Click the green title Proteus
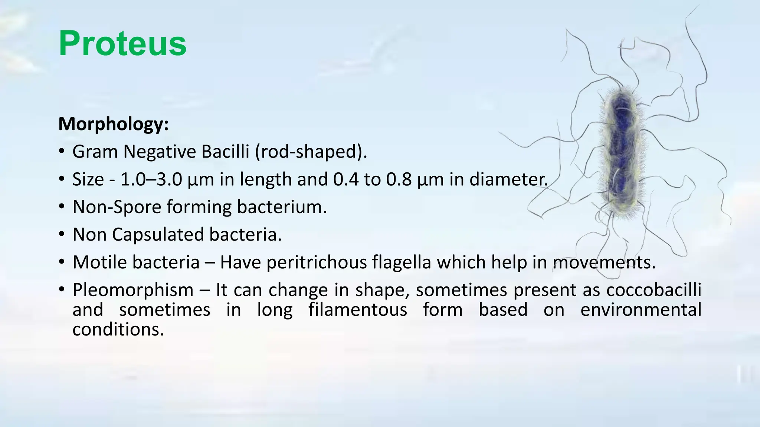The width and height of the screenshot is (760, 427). coord(122,44)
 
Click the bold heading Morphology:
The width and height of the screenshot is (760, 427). coord(114,124)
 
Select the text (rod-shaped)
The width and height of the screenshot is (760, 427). coord(311,152)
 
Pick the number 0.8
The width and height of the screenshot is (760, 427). coord(399,179)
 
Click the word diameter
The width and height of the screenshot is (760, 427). coord(508,179)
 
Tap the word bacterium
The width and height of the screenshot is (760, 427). coord(282,207)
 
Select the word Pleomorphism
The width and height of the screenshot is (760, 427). coord(133,290)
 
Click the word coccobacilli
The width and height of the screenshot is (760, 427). coord(653,290)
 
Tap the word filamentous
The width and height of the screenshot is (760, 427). coord(358,310)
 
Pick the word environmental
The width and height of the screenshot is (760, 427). coord(641,310)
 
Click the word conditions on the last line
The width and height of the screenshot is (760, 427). coord(118,329)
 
